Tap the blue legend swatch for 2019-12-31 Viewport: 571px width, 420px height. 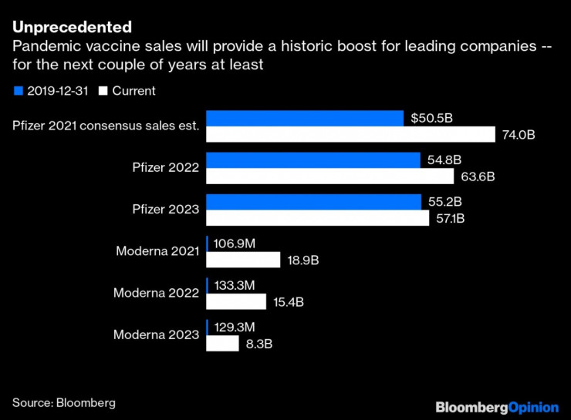coord(17,91)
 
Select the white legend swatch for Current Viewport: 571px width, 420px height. coord(103,91)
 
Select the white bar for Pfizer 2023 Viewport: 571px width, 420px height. coord(317,218)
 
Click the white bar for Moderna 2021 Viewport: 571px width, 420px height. coord(243,260)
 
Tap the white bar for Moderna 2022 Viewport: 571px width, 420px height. coord(236,301)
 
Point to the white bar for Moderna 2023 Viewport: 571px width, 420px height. coord(223,343)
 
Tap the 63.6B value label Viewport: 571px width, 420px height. coord(478,176)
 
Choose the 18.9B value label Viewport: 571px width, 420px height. coord(302,260)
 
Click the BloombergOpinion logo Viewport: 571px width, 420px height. coord(496,405)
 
